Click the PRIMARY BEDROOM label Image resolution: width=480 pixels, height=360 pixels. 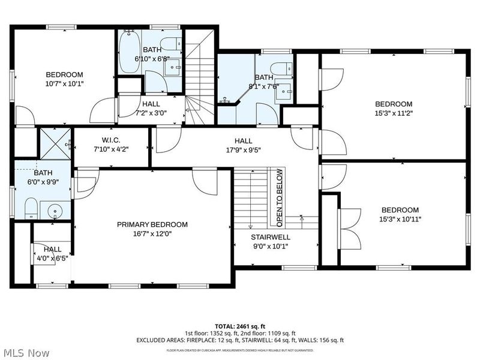(152, 224)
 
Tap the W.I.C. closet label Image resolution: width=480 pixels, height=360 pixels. (111, 140)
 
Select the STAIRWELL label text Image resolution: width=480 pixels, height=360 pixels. (271, 237)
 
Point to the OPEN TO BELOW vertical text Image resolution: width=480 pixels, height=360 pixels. (280, 198)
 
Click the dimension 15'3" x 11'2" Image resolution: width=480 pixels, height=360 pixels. (394, 113)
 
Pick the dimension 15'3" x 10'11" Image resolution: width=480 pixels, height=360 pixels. (400, 219)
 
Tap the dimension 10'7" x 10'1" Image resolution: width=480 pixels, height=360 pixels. (64, 83)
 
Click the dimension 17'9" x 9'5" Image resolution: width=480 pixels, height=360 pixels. (244, 150)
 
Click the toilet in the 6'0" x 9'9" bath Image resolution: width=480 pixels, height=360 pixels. (31, 208)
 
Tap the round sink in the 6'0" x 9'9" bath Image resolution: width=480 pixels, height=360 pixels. (55, 211)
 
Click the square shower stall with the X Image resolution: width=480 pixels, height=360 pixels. (55, 143)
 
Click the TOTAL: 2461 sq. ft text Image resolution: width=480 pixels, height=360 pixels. (239, 326)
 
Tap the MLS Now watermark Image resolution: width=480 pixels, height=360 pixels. (25, 353)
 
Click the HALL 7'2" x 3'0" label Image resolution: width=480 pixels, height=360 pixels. (151, 109)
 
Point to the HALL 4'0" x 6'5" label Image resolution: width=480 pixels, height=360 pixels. (52, 254)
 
